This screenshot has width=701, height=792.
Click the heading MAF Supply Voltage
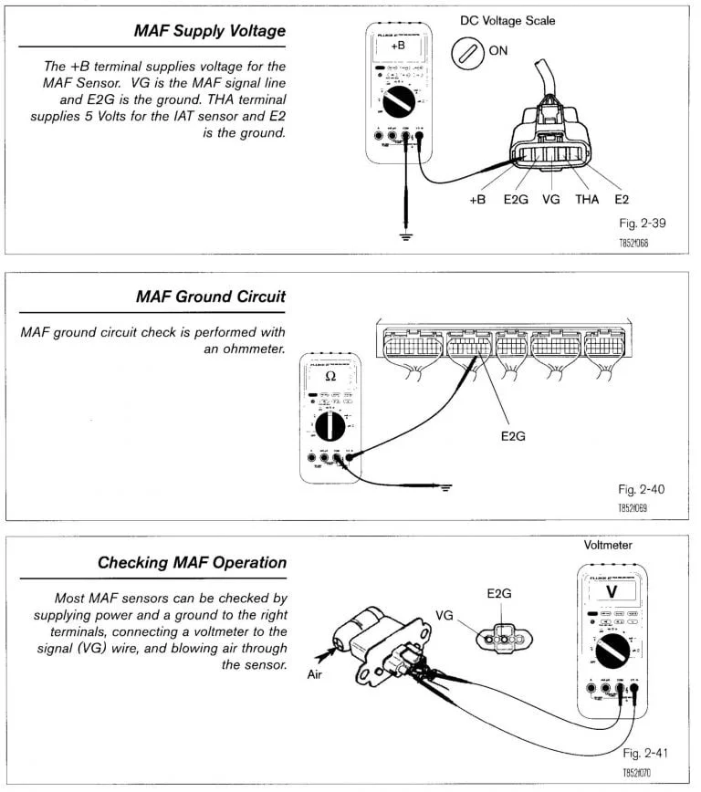[x=211, y=31]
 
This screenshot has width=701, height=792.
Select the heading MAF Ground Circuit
[x=210, y=297]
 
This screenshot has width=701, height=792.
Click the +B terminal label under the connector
[x=477, y=199]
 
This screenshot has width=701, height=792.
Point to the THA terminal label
[x=587, y=199]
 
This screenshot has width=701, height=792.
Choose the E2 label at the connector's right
[x=623, y=199]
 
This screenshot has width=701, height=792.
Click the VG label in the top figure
[x=550, y=199]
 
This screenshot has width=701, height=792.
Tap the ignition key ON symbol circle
[x=468, y=53]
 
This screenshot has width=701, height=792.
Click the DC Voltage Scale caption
[x=507, y=20]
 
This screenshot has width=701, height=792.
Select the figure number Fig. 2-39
[x=638, y=224]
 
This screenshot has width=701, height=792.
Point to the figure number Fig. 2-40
[x=640, y=490]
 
